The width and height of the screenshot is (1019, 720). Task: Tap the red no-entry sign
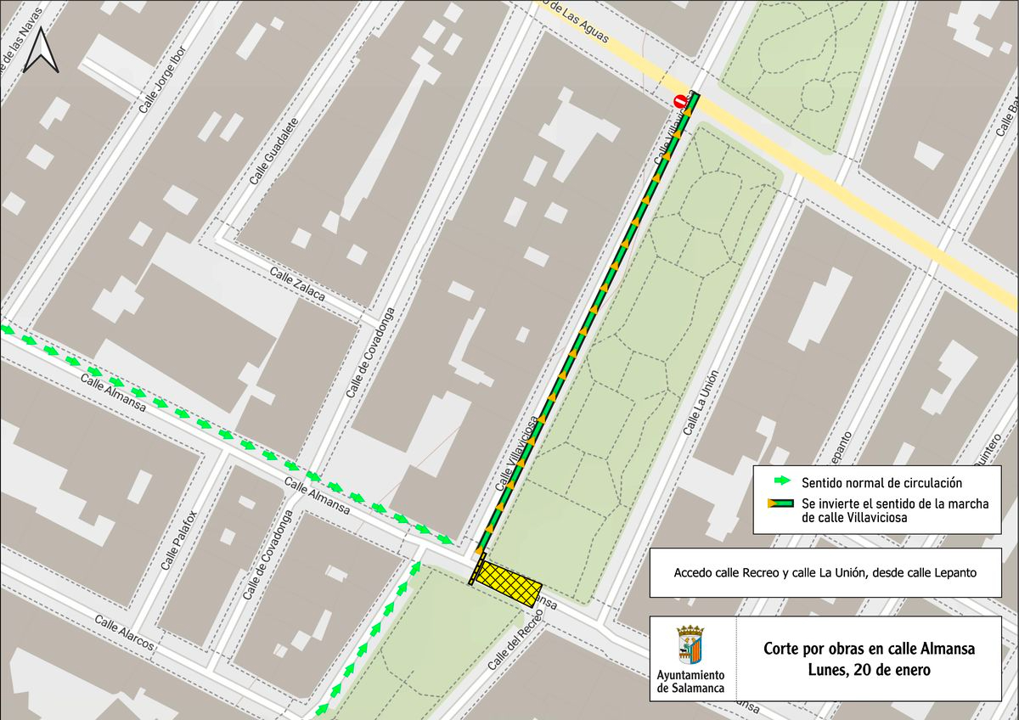(x=680, y=101)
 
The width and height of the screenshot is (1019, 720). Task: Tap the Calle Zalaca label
(x=297, y=284)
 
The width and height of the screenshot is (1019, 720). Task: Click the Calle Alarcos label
(x=124, y=633)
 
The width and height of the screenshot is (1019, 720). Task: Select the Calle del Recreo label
(x=515, y=638)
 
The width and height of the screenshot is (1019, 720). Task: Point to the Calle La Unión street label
(x=701, y=403)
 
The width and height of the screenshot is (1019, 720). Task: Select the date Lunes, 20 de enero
(x=869, y=669)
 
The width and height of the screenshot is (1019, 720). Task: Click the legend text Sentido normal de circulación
(x=881, y=482)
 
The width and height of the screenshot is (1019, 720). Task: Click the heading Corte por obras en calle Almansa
(x=869, y=649)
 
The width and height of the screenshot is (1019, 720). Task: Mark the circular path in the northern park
(x=816, y=94)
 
